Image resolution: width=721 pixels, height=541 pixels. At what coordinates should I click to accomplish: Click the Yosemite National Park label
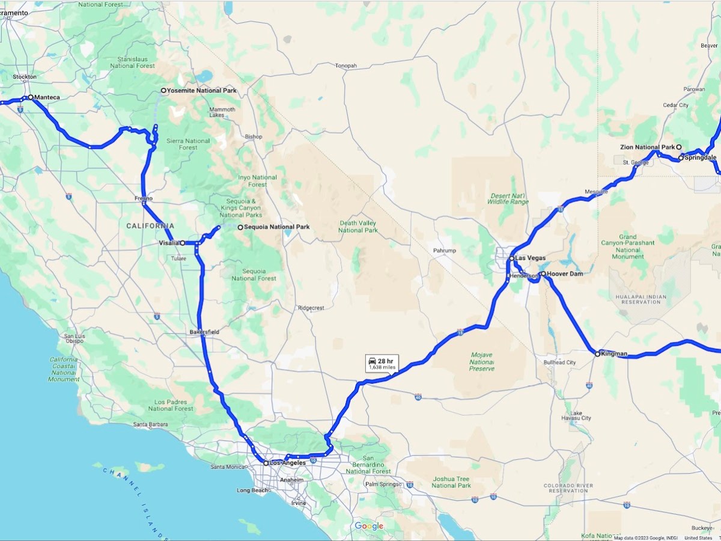[x=201, y=91]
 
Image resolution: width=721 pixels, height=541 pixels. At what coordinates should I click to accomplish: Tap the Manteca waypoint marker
[x=31, y=97]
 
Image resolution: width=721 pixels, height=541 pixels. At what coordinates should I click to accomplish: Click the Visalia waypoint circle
[x=183, y=243]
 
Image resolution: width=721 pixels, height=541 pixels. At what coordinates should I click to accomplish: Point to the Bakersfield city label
[x=204, y=332]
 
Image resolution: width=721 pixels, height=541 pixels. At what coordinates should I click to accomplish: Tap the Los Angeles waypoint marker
[x=266, y=463]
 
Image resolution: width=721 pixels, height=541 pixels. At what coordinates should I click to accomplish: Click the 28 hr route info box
[x=382, y=363]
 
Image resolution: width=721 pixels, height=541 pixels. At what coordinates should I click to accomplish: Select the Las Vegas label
[x=531, y=258]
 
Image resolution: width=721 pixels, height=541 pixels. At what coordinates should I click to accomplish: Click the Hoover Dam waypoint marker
[x=543, y=274]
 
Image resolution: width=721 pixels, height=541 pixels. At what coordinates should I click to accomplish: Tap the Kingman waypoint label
[x=614, y=353]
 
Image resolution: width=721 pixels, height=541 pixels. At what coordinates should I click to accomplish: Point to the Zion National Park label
[x=648, y=147]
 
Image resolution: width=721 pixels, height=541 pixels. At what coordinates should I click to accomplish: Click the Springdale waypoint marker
[x=681, y=157]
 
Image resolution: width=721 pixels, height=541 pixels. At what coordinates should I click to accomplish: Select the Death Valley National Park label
[x=358, y=226]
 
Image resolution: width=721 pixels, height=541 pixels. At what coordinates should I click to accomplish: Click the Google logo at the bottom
[x=369, y=527]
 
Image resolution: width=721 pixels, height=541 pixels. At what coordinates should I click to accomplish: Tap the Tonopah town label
[x=346, y=66]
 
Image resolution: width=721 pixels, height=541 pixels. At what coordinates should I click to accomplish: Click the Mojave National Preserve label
[x=481, y=362]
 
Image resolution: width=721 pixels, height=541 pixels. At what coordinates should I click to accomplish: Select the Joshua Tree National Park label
[x=451, y=482]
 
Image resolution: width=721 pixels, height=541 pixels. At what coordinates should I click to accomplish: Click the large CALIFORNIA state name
[x=150, y=226]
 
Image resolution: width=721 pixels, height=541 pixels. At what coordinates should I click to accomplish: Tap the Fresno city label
[x=144, y=198]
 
